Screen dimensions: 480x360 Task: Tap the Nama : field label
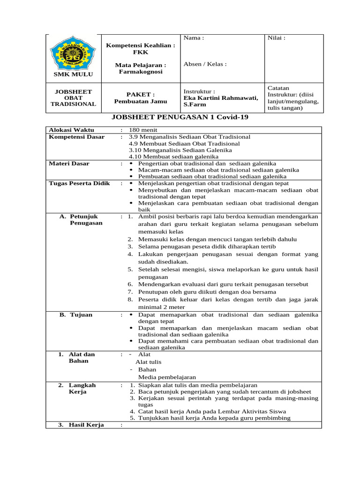point(194,38)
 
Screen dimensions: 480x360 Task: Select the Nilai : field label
point(276,38)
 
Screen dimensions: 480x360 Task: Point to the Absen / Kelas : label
point(205,64)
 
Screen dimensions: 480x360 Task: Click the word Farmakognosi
point(140,73)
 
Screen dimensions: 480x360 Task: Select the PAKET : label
point(140,94)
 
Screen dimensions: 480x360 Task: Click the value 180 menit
point(143,130)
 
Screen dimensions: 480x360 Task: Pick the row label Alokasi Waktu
point(72,130)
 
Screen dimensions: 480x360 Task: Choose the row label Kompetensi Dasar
point(77,137)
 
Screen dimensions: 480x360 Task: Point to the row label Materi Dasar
point(69,164)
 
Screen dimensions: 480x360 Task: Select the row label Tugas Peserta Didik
point(79,183)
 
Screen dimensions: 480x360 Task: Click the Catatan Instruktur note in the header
point(292,98)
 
